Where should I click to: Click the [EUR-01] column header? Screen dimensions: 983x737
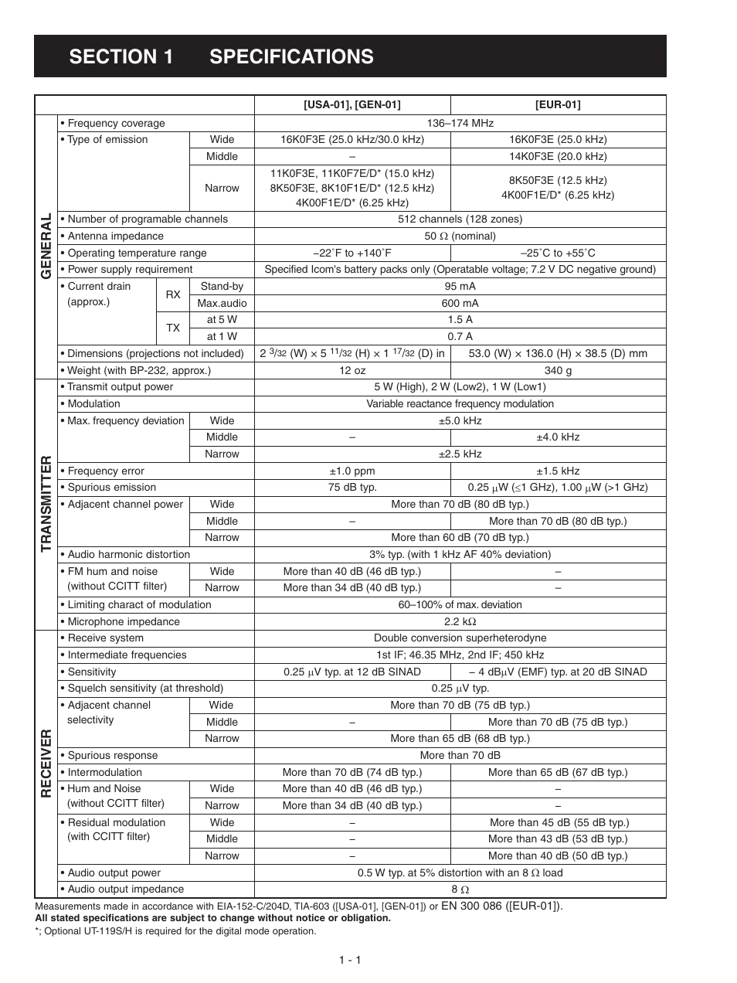pyautogui.click(x=557, y=105)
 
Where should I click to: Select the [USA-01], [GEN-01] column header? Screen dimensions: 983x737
pyautogui.click(x=352, y=105)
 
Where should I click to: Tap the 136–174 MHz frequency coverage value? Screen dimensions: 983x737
pyautogui.click(x=460, y=123)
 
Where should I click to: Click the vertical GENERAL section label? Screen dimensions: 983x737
pyautogui.click(x=46, y=247)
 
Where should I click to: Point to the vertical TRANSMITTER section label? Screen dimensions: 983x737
pyautogui.click(x=46, y=504)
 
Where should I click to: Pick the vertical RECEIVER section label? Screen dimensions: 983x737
pyautogui.click(x=46, y=763)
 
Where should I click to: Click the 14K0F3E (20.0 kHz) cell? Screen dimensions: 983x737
pyautogui.click(x=557, y=156)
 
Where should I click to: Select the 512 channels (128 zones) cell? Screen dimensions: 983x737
pyautogui.click(x=460, y=219)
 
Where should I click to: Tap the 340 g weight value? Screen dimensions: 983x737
pyautogui.click(x=557, y=370)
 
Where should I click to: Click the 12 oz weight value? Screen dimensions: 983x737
pyautogui.click(x=352, y=370)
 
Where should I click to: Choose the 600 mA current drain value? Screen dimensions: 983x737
pyautogui.click(x=460, y=303)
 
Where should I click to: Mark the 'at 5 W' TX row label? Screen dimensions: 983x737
pyautogui.click(x=222, y=319)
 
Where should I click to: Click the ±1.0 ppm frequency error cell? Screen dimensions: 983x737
pyautogui.click(x=352, y=471)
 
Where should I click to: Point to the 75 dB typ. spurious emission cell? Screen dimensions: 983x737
pyautogui.click(x=352, y=487)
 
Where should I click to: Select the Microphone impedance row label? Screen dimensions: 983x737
pyautogui.click(x=124, y=621)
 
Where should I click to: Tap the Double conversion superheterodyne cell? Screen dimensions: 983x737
pyautogui.click(x=460, y=638)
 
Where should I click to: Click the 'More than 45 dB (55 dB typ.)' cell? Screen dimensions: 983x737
pyautogui.click(x=559, y=822)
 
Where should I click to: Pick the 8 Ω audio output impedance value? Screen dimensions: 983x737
pyautogui.click(x=460, y=889)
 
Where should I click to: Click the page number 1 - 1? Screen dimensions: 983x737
pyautogui.click(x=349, y=960)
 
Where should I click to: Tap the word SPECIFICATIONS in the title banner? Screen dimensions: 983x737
pyautogui.click(x=291, y=56)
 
